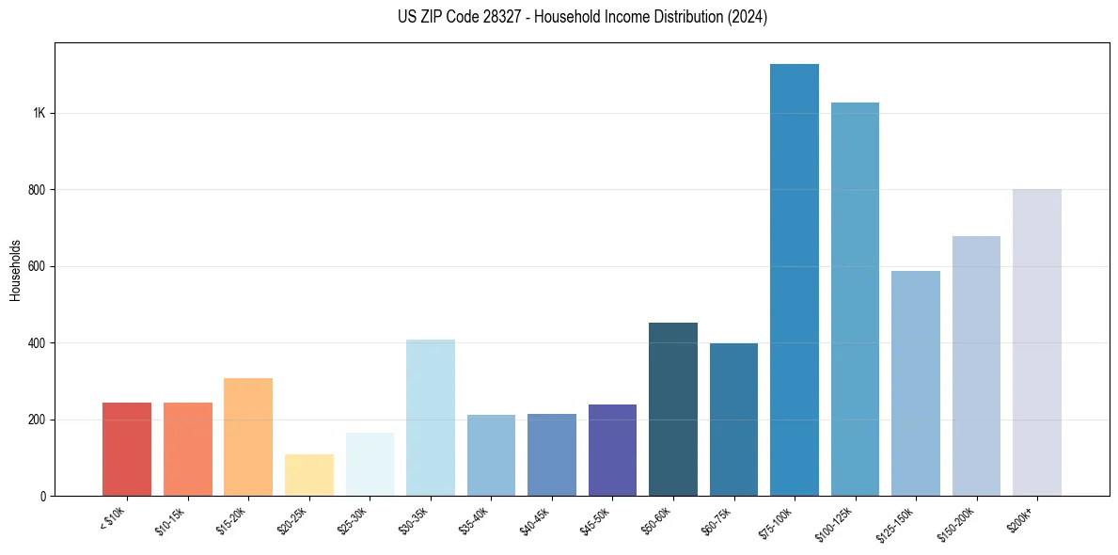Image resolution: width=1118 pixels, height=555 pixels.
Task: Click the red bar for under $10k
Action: [x=127, y=450]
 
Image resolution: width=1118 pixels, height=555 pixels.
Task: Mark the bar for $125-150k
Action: [x=916, y=383]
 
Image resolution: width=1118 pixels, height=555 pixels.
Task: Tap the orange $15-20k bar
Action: [x=248, y=436]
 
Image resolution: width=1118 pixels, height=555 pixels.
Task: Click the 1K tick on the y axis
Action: [x=39, y=113]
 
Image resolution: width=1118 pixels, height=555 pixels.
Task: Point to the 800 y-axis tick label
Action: [x=37, y=190]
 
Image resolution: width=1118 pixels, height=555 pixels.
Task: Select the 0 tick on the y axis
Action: [x=42, y=496]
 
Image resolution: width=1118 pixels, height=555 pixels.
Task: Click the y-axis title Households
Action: [x=15, y=270]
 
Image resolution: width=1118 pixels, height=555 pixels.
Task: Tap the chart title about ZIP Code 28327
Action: [x=582, y=17]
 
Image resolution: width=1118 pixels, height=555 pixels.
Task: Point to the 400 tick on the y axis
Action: [x=37, y=343]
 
